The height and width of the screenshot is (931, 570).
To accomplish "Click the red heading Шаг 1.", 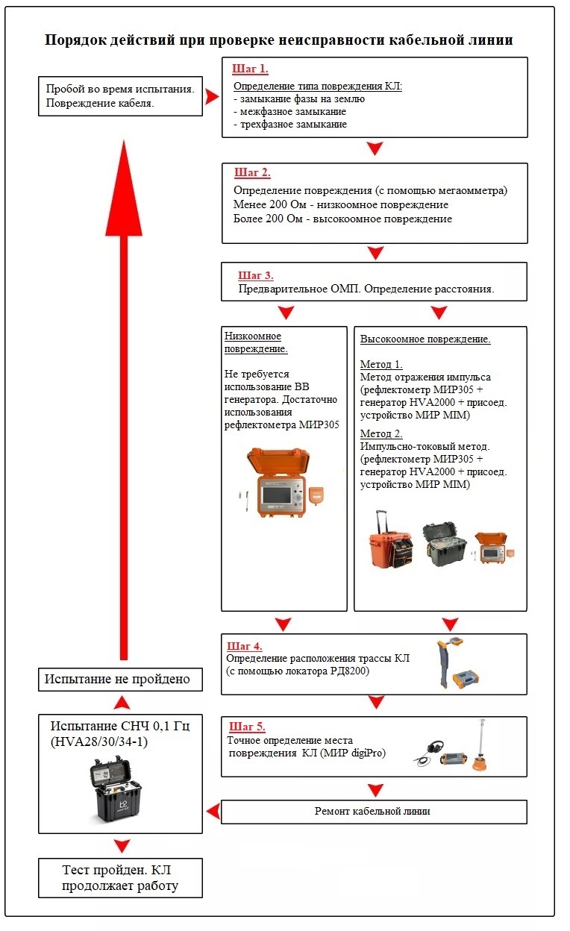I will click(250, 69).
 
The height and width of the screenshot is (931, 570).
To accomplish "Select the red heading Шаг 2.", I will click(252, 173).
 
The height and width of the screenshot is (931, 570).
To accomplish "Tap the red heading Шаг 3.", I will click(256, 275).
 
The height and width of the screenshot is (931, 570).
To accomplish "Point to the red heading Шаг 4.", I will click(244, 646).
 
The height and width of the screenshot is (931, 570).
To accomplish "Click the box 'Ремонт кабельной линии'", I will click(374, 812).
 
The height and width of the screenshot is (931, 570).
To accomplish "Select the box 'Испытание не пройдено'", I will click(121, 680).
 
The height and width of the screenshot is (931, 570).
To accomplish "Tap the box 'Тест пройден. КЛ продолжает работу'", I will click(121, 878).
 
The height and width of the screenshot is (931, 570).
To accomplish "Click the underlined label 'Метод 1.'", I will click(381, 364).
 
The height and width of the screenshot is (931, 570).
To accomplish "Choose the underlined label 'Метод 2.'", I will click(381, 433).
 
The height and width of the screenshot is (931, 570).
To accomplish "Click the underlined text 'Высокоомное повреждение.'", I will click(425, 339).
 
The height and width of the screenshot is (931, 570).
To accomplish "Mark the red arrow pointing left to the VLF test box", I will click(213, 810).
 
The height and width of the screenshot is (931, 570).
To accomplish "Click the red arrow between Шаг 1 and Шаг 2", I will click(375, 149).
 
